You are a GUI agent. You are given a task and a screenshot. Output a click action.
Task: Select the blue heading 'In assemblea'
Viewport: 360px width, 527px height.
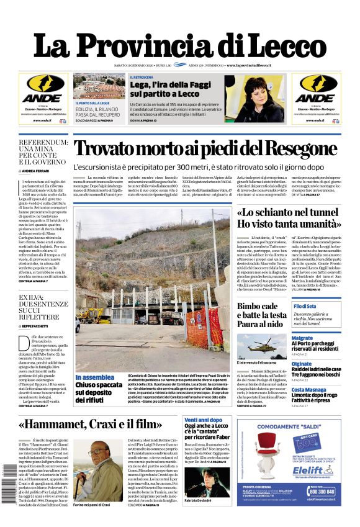(x=95, y=377)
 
